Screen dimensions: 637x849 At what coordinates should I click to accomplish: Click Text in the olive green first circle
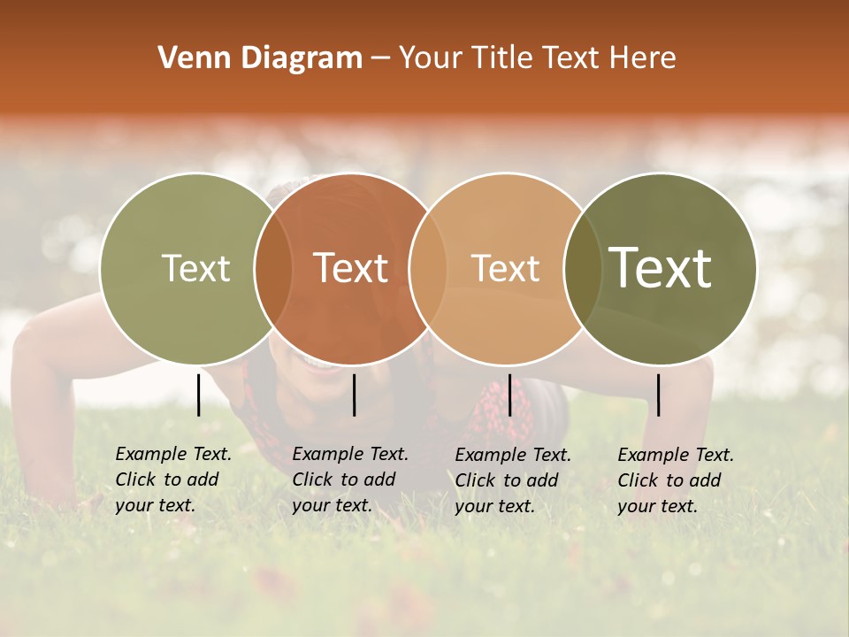click(195, 268)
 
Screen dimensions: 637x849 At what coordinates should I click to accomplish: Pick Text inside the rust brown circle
click(351, 268)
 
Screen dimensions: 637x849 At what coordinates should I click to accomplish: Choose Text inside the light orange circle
click(505, 268)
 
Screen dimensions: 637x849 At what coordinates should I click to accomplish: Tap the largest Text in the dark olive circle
click(661, 268)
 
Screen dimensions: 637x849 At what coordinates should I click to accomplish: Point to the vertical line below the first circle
click(199, 395)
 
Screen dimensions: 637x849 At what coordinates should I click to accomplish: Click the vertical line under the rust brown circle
click(354, 395)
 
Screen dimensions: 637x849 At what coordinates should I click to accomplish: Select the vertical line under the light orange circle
click(509, 395)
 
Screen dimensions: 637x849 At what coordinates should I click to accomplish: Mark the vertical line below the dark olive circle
click(659, 395)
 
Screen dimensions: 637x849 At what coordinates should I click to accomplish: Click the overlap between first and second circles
click(273, 268)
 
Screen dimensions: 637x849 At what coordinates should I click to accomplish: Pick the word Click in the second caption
click(313, 480)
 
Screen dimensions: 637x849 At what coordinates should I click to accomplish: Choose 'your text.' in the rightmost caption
click(658, 506)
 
